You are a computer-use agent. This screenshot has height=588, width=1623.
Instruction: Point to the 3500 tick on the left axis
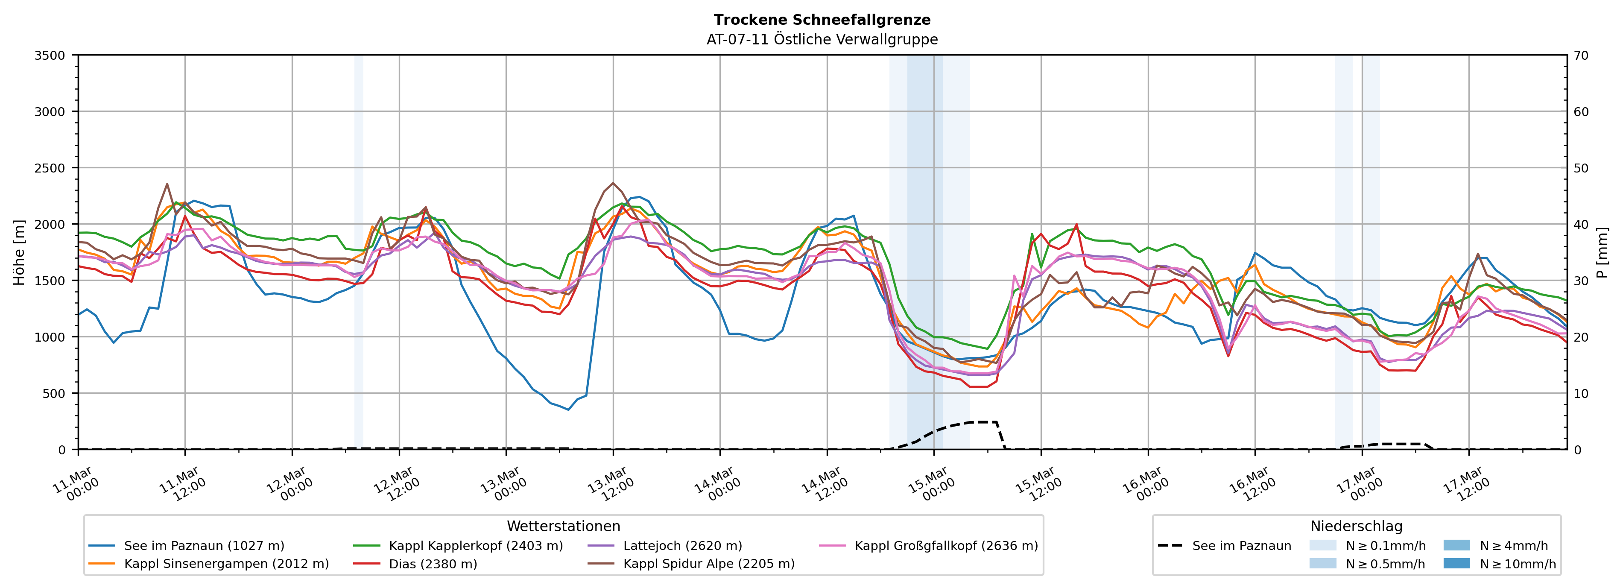point(49,56)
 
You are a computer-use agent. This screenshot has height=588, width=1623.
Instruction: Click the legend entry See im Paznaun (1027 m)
point(204,546)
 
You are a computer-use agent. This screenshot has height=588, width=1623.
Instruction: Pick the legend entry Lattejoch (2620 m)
point(682,546)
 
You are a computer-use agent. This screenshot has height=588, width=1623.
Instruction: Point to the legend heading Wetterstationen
point(563,526)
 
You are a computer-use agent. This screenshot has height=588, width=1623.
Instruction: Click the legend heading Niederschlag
point(1356,526)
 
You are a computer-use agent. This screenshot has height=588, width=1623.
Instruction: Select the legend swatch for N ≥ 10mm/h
point(1456,563)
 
